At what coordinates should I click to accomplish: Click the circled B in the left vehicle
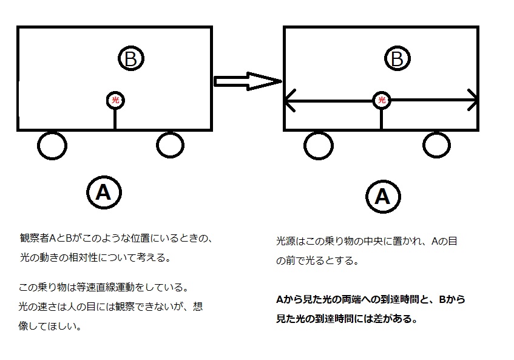(x=131, y=59)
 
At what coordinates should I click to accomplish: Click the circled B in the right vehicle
(x=397, y=59)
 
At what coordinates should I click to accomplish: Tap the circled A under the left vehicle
(x=104, y=192)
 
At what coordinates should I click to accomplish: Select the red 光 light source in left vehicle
(x=115, y=100)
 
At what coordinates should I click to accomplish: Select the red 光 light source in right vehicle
(x=382, y=100)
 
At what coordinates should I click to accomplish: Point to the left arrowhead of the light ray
(x=290, y=100)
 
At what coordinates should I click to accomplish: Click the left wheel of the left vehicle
(x=52, y=145)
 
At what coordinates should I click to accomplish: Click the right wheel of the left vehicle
(x=169, y=144)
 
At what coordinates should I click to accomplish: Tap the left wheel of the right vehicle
(x=319, y=146)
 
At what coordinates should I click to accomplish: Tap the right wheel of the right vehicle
(x=436, y=145)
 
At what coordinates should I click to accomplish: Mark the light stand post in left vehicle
(x=115, y=119)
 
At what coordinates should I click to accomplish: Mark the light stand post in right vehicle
(x=382, y=119)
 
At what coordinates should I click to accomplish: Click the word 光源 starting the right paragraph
(x=285, y=242)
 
